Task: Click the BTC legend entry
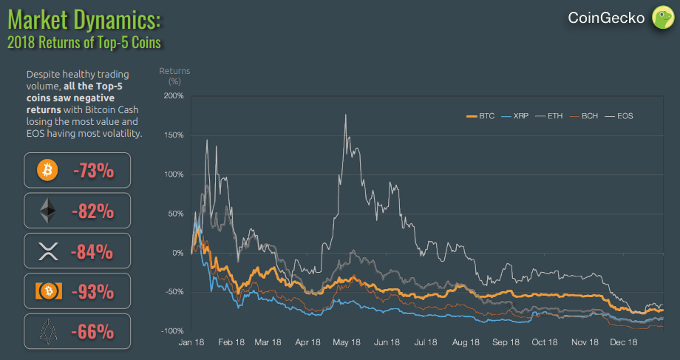tap(480, 116)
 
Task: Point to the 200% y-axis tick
tap(174, 96)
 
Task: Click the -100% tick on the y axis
tap(173, 330)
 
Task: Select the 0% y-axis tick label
tap(177, 253)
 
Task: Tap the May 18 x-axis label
tap(347, 342)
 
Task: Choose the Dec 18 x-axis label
tap(624, 342)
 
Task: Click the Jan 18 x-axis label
tap(191, 342)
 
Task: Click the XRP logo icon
tap(47, 252)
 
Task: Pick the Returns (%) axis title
tap(174, 75)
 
